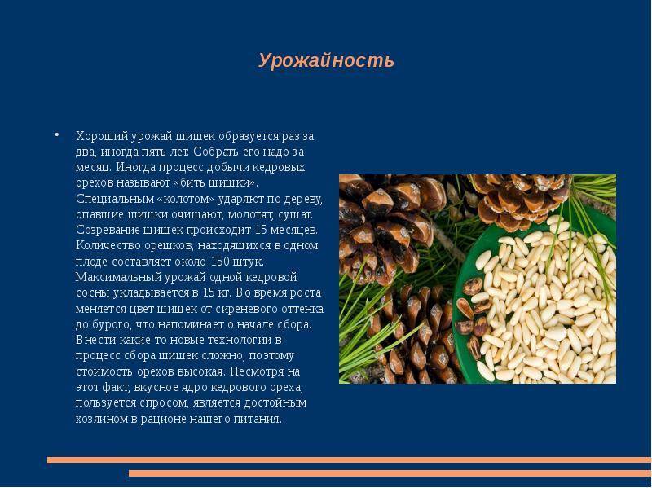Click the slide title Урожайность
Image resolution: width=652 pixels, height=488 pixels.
click(x=326, y=60)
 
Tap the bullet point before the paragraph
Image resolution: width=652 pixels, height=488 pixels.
click(x=57, y=134)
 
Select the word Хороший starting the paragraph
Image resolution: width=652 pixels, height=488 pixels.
click(x=103, y=136)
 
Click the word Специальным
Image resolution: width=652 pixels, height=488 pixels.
click(x=115, y=199)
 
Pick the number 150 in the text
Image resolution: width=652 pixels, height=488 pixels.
click(x=220, y=262)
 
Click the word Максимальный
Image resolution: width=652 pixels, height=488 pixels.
click(x=118, y=277)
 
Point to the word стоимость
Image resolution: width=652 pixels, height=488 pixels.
click(x=104, y=371)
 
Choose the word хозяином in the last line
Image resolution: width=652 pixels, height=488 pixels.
click(x=102, y=419)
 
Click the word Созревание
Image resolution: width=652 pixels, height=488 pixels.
click(x=108, y=231)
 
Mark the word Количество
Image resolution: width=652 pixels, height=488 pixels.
click(x=108, y=246)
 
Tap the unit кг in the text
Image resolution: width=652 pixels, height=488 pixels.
click(x=223, y=293)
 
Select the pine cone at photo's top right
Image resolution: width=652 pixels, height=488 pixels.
click(x=520, y=200)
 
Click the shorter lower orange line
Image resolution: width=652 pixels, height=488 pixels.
click(x=390, y=473)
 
